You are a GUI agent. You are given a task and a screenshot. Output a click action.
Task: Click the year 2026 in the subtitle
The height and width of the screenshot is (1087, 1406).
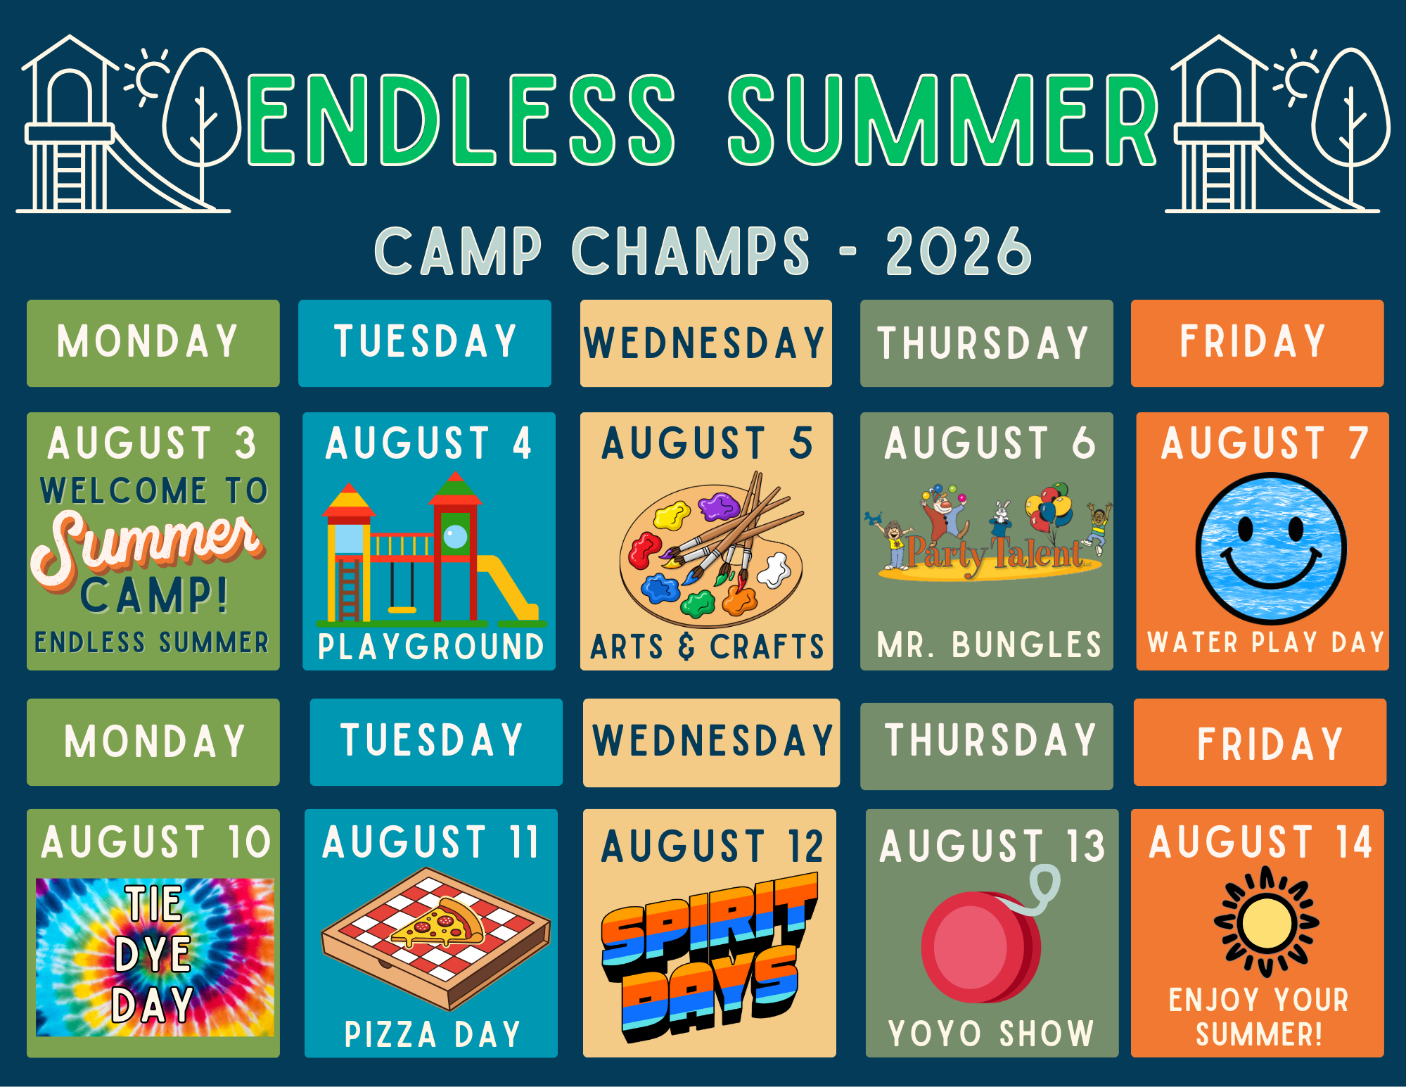click(958, 251)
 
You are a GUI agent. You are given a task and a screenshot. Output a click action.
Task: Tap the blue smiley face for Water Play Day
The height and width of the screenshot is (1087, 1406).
click(1271, 549)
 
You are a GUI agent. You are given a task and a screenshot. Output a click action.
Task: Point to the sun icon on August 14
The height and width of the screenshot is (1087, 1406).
click(1266, 922)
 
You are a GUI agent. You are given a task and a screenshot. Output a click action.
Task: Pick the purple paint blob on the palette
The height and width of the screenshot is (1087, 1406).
click(718, 506)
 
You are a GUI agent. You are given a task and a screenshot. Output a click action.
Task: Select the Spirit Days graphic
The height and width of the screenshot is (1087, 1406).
click(709, 957)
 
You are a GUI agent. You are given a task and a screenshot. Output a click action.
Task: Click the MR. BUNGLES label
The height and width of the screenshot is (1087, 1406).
click(989, 644)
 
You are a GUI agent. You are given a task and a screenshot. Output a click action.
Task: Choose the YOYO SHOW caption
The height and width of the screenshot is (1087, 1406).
click(991, 1034)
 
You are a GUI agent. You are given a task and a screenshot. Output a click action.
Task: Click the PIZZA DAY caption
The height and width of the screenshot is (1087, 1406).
click(432, 1034)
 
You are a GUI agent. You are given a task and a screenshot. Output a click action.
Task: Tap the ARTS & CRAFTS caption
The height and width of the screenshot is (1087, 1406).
click(707, 646)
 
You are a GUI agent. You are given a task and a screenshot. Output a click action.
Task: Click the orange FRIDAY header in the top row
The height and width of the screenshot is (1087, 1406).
click(1257, 343)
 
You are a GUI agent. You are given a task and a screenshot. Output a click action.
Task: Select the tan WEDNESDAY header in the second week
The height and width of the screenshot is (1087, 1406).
click(711, 742)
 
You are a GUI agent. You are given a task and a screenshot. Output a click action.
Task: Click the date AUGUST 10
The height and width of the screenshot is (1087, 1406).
click(155, 842)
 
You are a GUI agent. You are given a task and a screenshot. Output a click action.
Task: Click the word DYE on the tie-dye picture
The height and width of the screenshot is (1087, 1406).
click(153, 954)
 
